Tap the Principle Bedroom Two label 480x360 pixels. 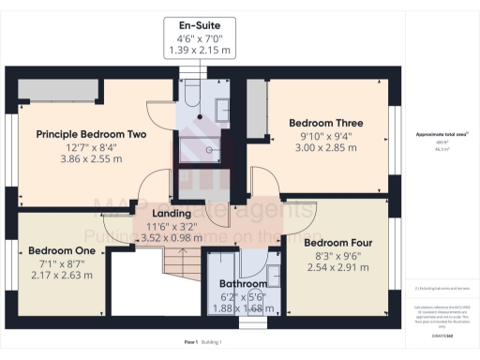click(92, 134)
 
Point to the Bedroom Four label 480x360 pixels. click(337, 242)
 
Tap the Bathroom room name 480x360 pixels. click(243, 284)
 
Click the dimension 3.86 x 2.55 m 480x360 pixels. click(92, 159)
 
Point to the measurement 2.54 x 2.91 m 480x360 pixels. click(337, 267)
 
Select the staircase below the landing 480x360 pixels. click(177, 258)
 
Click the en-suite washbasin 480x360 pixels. click(224, 111)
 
